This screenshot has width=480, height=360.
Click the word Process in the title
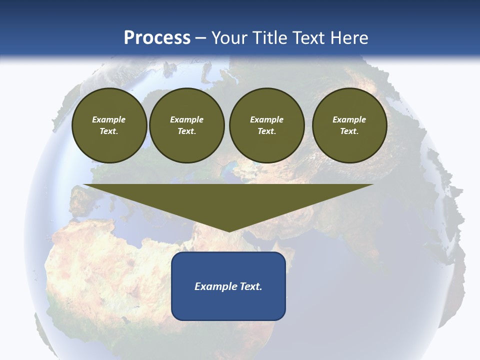pos(157,38)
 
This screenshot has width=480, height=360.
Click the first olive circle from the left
pos(109,125)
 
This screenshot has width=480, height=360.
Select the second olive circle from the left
pos(186,125)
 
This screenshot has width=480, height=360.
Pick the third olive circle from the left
pos(266,125)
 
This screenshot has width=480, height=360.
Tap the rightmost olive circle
pos(349,125)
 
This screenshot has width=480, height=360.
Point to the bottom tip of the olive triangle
pos(228,231)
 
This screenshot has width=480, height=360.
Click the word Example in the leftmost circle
pos(109,119)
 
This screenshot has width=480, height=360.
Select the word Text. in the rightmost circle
pos(349,131)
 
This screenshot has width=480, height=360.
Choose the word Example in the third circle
pos(266,119)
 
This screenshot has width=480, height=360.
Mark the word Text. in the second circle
pos(186,131)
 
